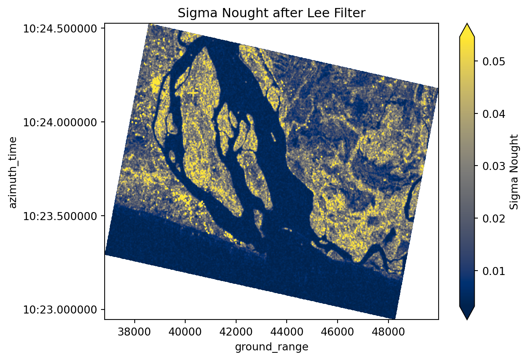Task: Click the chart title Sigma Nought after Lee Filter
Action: point(271,13)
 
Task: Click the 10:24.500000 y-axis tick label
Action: point(61,29)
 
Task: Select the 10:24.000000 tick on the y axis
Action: point(61,122)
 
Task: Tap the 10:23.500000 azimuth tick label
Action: point(61,216)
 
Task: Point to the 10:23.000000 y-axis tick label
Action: point(61,309)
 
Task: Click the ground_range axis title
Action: point(271,347)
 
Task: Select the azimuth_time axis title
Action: point(13,172)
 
